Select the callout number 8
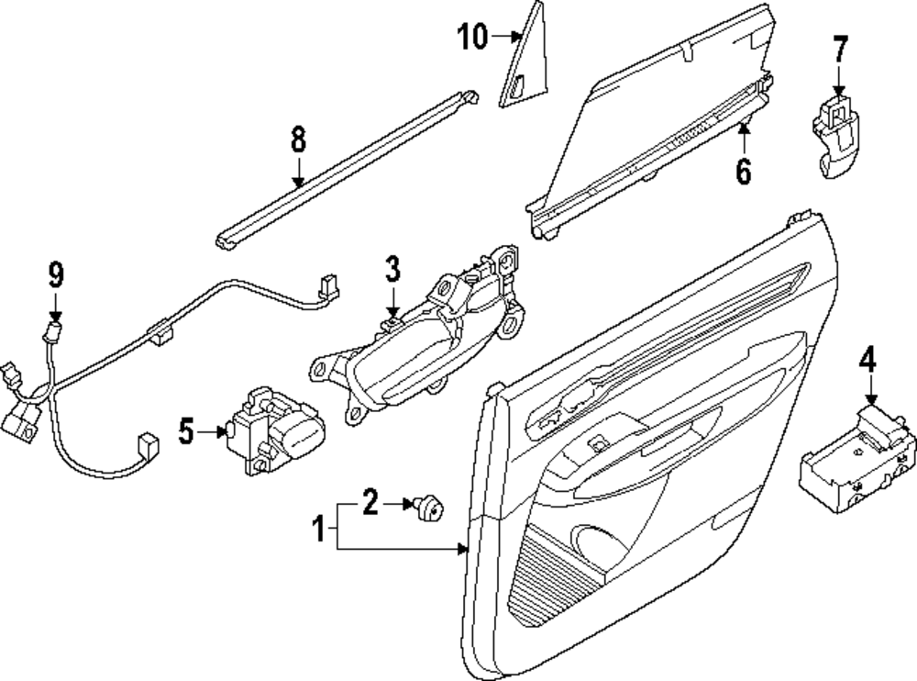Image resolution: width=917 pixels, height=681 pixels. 297,140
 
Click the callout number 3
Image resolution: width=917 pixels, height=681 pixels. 392,270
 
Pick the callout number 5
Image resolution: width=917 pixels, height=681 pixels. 187,430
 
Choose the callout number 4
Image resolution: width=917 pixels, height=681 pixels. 867,359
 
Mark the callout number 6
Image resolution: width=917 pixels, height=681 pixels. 743,170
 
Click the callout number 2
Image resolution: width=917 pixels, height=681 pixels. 370,502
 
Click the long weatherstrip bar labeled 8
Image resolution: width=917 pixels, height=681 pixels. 348,165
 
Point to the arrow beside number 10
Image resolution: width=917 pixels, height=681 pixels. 507,37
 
